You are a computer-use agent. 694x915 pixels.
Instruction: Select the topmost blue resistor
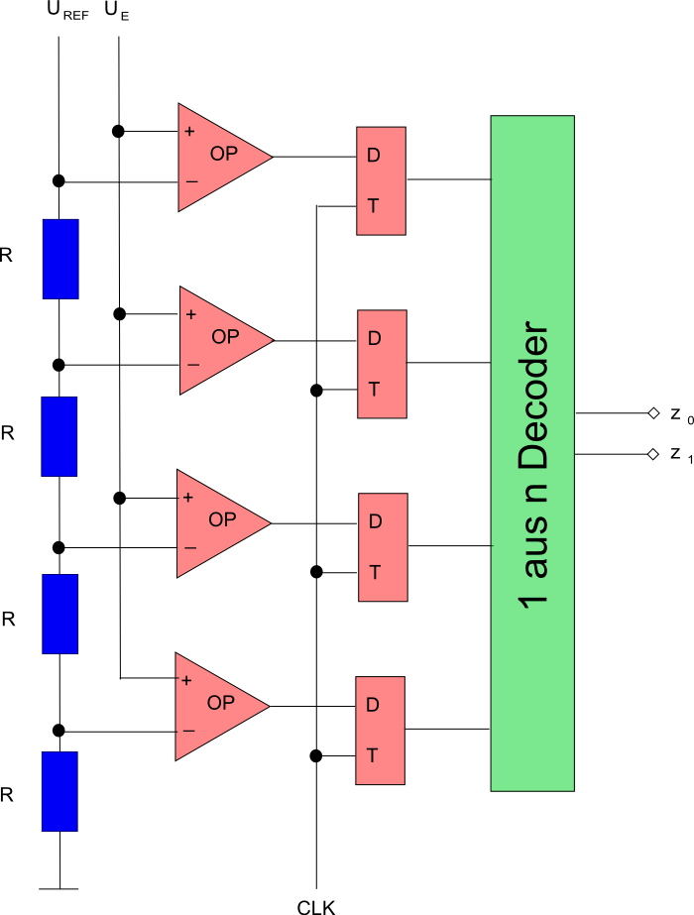tap(59, 259)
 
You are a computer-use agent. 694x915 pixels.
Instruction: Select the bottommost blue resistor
tap(59, 791)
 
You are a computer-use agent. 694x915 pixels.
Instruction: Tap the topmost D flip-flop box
tap(382, 180)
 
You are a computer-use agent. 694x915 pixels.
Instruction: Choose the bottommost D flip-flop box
tap(381, 731)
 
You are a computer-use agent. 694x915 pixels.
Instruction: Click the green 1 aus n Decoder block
tap(532, 453)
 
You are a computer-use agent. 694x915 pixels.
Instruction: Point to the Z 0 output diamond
tap(652, 412)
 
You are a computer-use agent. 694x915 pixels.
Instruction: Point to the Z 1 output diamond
tap(652, 454)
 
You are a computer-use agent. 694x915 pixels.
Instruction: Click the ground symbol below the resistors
tap(59, 888)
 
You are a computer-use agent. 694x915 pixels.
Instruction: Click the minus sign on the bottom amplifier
tap(188, 732)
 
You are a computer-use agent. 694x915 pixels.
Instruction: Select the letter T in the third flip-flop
tap(374, 573)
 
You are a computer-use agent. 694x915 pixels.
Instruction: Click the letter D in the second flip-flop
tap(374, 338)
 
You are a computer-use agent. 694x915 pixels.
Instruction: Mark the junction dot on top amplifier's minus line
tap(58, 180)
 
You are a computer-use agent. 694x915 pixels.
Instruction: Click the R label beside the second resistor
tap(8, 433)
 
